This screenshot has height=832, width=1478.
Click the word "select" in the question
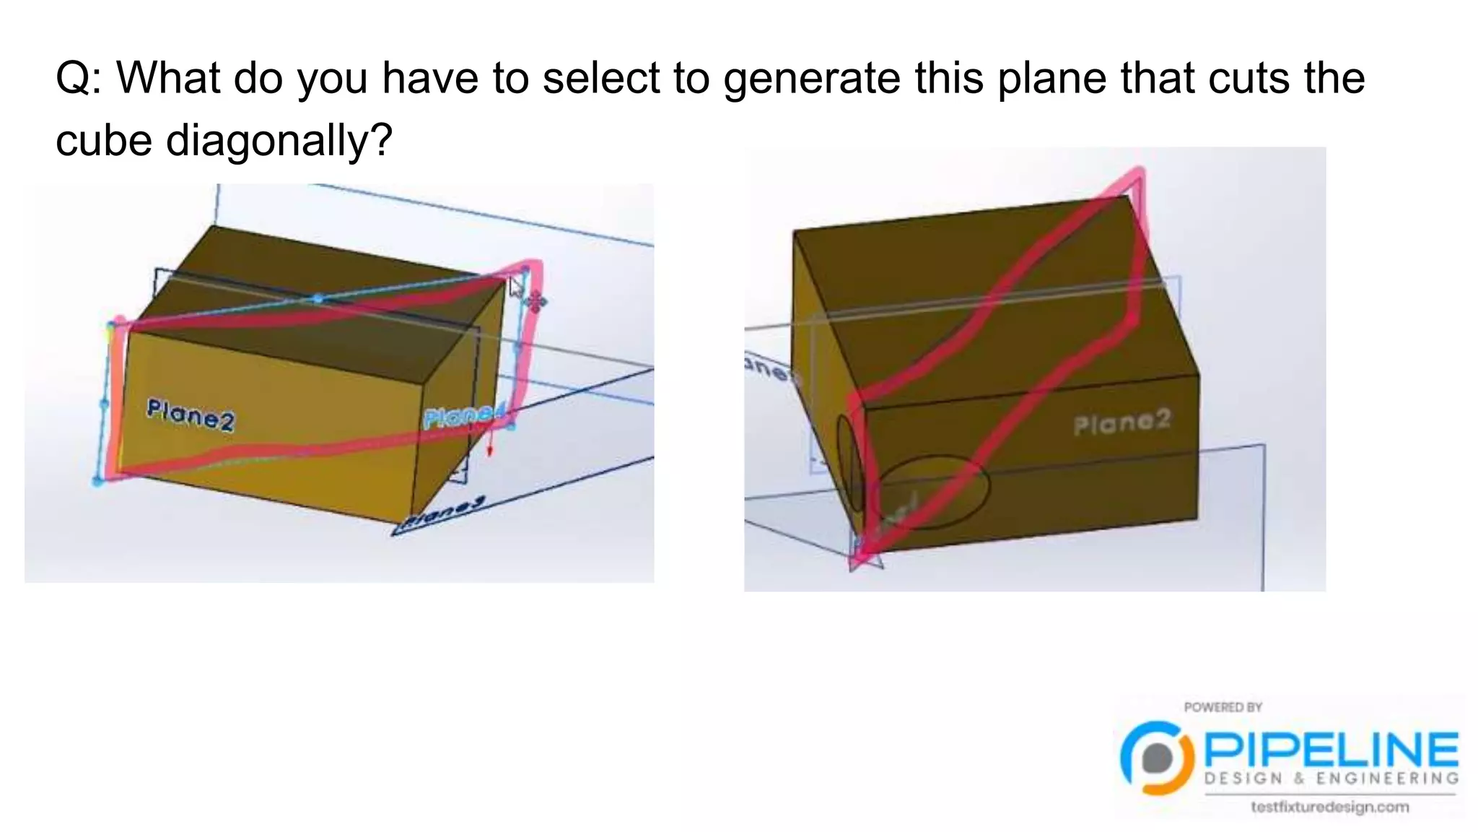coord(600,77)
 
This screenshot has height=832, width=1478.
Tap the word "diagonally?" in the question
coord(279,139)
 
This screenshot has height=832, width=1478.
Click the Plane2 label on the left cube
coord(191,415)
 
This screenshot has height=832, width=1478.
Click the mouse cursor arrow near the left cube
coord(515,287)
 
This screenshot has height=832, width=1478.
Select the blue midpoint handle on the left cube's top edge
coord(318,298)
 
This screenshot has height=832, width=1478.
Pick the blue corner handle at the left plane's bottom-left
coord(98,482)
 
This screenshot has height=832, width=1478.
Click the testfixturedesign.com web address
coord(1330,807)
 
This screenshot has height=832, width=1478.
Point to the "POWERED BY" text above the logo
coord(1223,707)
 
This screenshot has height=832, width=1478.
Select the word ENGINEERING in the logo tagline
coord(1387,779)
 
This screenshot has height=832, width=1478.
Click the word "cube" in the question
coord(103,139)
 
